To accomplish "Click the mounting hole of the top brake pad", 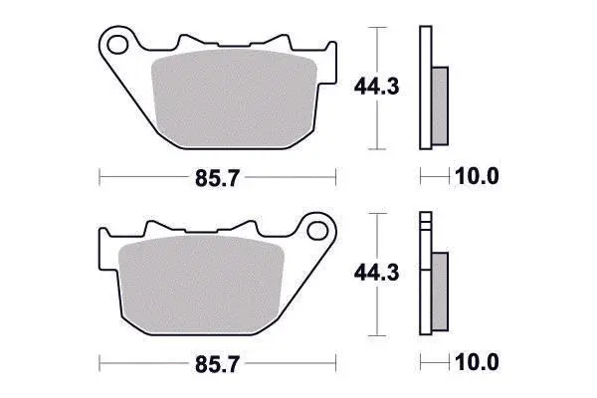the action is click(117, 45).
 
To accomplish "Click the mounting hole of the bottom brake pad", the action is click(317, 231).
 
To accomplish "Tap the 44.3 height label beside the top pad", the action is click(376, 88).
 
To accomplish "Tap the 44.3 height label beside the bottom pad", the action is click(376, 273).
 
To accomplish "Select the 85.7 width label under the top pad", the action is click(217, 178).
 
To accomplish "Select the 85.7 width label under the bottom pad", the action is click(217, 364).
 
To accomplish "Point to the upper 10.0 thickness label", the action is click(477, 176).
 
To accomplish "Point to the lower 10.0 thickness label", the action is click(477, 362).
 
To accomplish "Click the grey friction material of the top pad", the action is click(234, 99).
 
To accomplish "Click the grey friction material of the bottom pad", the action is click(201, 285).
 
